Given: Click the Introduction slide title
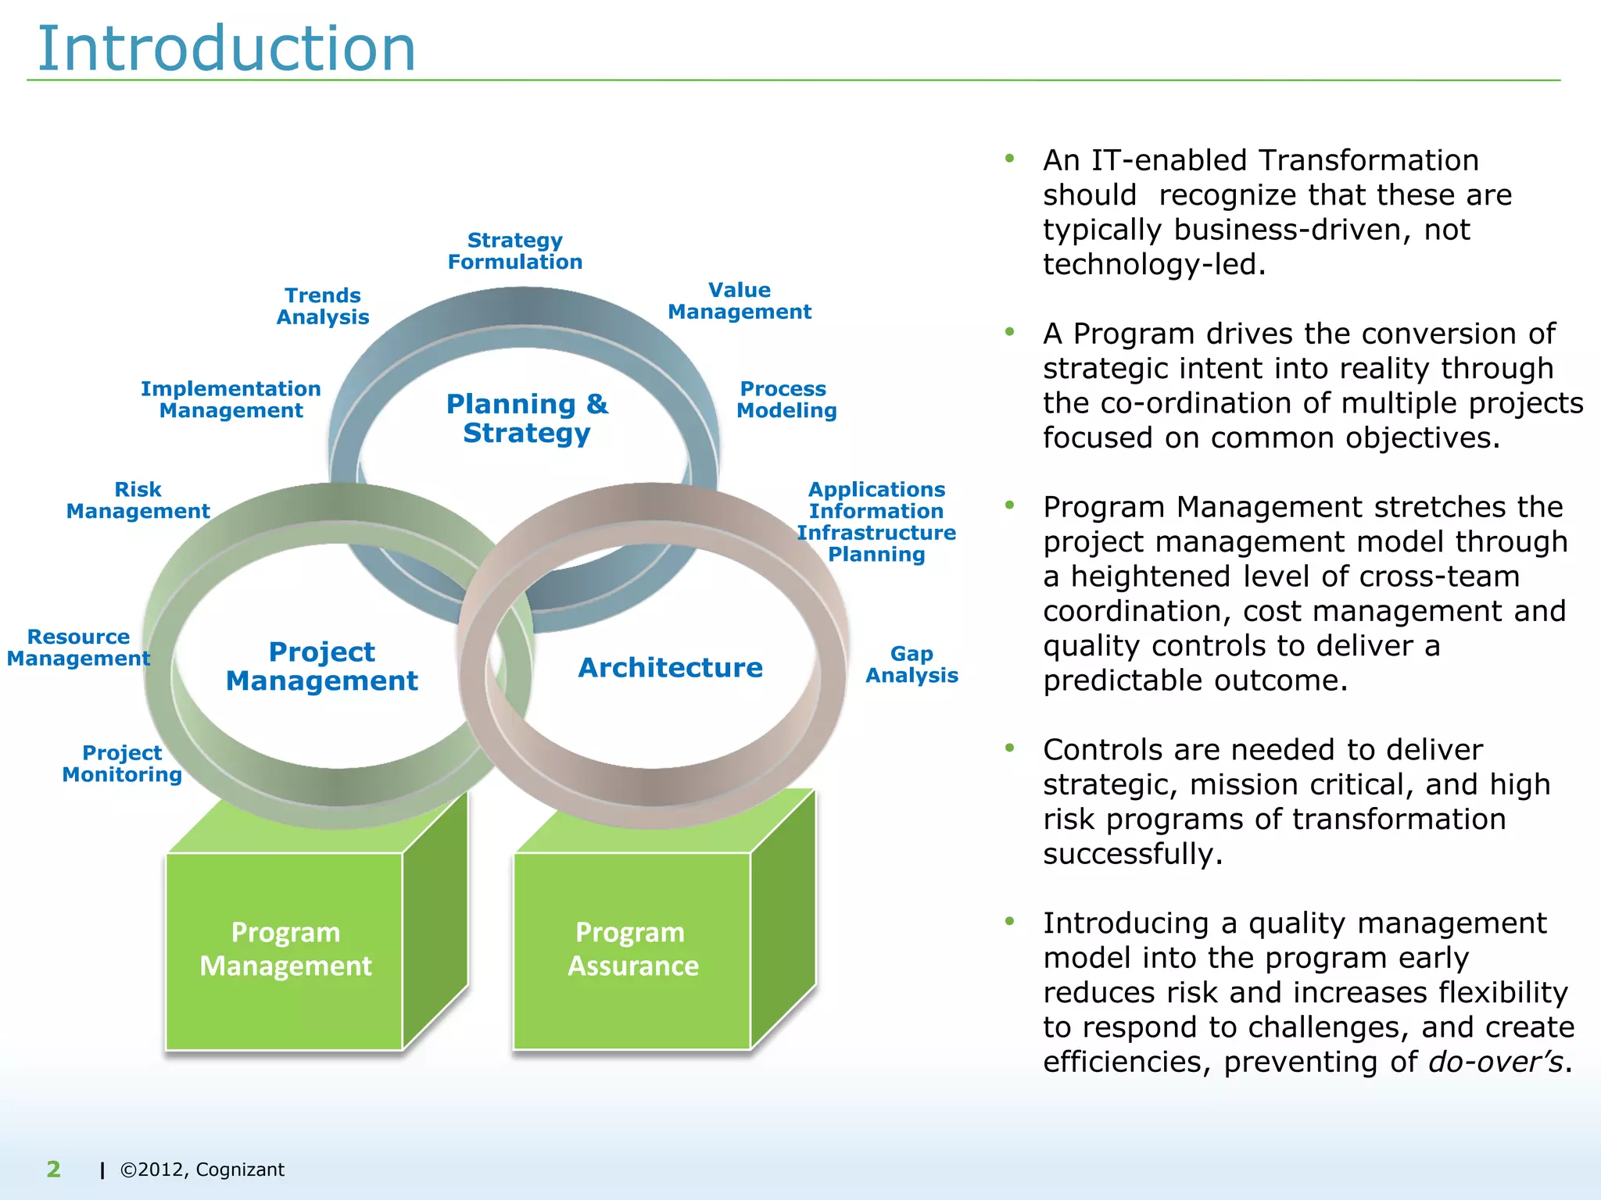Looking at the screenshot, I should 227,48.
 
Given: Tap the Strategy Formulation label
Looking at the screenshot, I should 515,251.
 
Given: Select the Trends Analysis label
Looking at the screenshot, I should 323,306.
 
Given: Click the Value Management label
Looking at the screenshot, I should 740,301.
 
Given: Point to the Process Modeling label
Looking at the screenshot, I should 786,399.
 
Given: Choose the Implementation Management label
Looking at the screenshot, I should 231,399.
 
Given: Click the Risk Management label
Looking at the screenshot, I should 138,500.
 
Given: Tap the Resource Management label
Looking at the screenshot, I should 78,648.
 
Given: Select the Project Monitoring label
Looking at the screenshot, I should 122,763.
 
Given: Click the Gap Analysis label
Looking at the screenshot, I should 912,664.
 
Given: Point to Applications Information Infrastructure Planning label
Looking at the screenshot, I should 876,521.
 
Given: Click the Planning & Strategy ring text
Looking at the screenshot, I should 527,418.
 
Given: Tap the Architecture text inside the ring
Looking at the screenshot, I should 670,668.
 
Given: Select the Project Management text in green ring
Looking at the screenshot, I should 322,666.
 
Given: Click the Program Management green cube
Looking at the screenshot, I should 285,949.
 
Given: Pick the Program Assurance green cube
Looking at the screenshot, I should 632,949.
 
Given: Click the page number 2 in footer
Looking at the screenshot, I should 53,1169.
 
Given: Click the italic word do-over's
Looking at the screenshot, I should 1495,1062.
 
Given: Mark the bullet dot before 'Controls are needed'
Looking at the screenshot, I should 1010,748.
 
